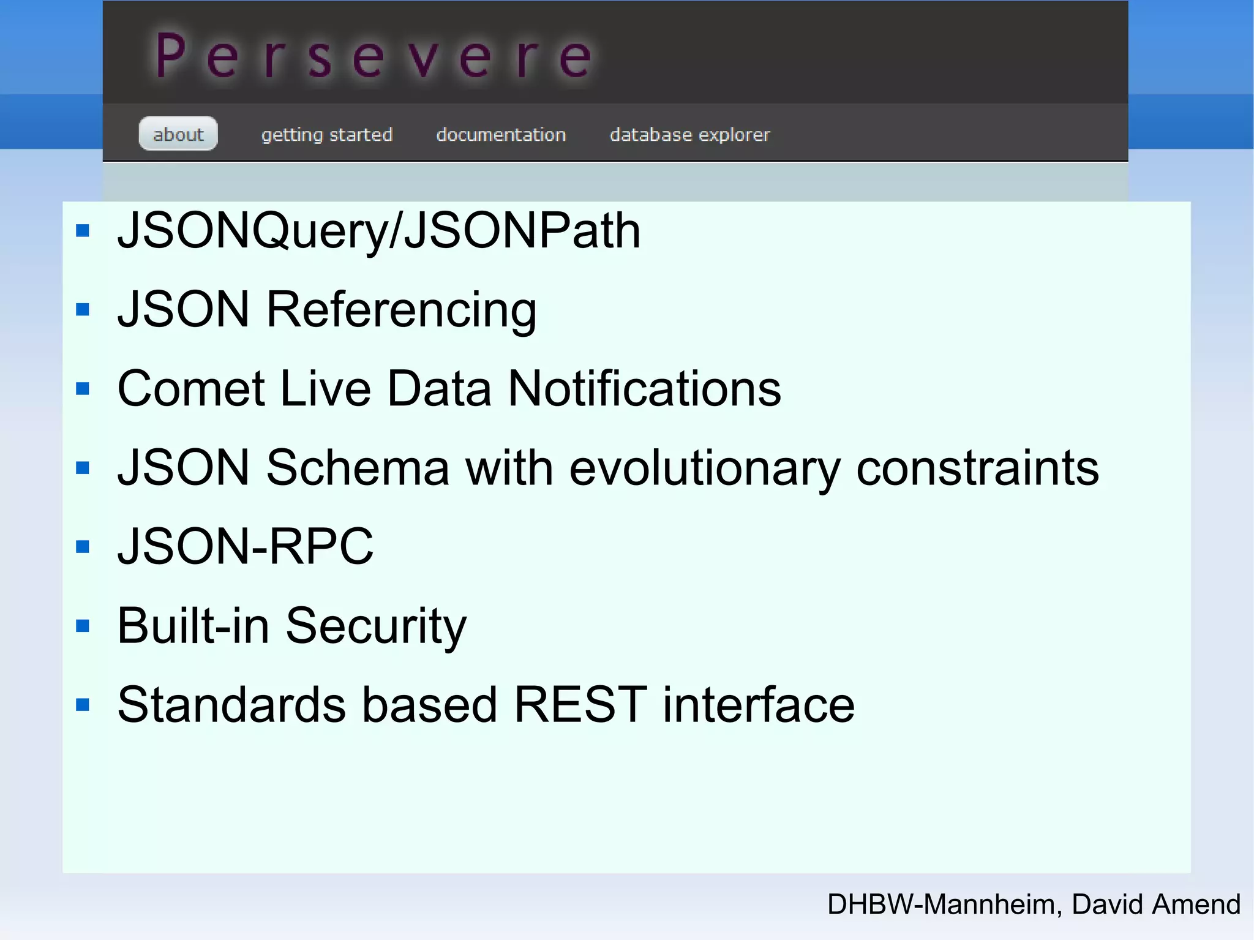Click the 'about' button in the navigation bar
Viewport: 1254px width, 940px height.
click(x=178, y=133)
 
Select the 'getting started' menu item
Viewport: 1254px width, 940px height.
click(x=326, y=134)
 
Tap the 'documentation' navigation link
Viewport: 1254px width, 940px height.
click(x=501, y=134)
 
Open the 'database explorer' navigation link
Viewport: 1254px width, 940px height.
click(x=689, y=134)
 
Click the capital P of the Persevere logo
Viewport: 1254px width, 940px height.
click(x=171, y=56)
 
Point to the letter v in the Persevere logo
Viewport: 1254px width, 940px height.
click(x=422, y=58)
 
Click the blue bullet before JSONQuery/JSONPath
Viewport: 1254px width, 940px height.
click(x=83, y=231)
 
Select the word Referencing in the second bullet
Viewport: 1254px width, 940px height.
click(x=401, y=310)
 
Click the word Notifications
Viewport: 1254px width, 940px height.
click(x=644, y=389)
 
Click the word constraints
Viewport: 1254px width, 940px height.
click(x=977, y=468)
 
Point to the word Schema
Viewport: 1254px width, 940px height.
click(x=358, y=468)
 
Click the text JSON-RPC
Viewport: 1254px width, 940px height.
click(x=245, y=546)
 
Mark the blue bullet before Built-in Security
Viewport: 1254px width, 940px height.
click(x=83, y=626)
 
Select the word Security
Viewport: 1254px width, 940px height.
click(x=376, y=626)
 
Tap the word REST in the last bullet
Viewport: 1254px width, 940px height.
click(x=580, y=705)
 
